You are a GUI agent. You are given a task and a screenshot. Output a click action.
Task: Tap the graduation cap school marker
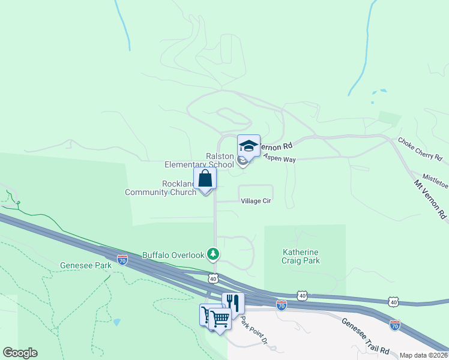(x=249, y=146)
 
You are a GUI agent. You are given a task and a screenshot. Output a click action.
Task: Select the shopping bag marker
(x=205, y=178)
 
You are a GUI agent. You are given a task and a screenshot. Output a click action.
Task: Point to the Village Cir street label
(x=256, y=201)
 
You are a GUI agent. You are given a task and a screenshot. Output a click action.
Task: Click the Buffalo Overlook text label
(x=173, y=255)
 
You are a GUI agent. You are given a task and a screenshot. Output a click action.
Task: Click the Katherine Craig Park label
(x=301, y=256)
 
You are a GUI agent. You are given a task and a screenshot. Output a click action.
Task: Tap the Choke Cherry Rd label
(x=420, y=149)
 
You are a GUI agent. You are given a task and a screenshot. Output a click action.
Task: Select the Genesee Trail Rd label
(x=366, y=335)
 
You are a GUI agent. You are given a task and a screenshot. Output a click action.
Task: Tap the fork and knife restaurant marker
(x=233, y=302)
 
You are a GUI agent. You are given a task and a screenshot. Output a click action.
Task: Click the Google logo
(x=20, y=353)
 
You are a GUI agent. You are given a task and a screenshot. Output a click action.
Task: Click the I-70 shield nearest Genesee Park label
(x=122, y=260)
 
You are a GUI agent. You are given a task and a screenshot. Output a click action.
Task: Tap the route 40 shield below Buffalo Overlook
(x=213, y=278)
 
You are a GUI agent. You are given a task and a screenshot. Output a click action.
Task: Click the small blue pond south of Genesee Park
(x=116, y=322)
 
